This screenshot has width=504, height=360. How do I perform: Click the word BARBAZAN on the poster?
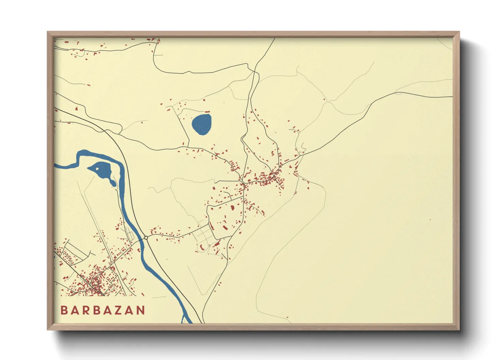pos(103,310)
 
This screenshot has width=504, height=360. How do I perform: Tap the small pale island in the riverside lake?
pos(98,167)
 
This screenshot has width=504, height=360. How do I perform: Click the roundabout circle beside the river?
pos(146,238)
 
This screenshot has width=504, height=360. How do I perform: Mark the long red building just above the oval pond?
pos(207,112)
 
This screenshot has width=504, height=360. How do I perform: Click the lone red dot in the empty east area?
pos(430,220)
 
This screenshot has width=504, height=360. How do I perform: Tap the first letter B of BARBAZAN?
pos(64,310)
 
